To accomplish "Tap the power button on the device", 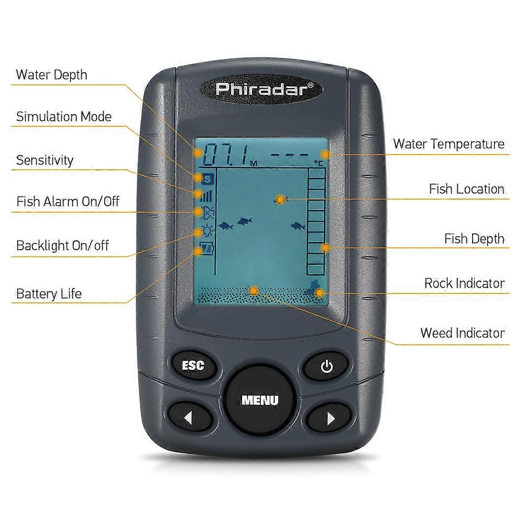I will (x=326, y=366).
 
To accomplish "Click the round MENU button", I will (x=260, y=400).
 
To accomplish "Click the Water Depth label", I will (x=51, y=74).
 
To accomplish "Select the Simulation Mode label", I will (x=63, y=116).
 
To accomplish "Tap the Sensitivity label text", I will (x=45, y=160).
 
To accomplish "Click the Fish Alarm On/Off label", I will (x=68, y=201).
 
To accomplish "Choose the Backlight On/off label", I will (x=62, y=245).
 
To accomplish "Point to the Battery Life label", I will (x=49, y=293).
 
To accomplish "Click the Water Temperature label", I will (x=449, y=144).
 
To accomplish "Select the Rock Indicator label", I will (x=464, y=283).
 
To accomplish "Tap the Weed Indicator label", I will (x=462, y=333).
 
